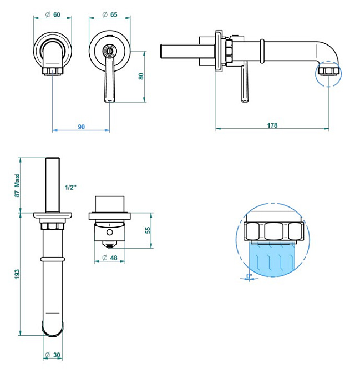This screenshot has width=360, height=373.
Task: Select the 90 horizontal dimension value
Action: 81,127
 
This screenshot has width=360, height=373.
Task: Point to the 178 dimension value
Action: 272,125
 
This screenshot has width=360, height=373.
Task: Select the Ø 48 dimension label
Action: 111,258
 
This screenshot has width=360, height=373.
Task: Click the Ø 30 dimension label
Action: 54,355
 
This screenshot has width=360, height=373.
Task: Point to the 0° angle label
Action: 250,275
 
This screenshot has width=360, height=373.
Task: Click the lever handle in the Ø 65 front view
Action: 109,80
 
